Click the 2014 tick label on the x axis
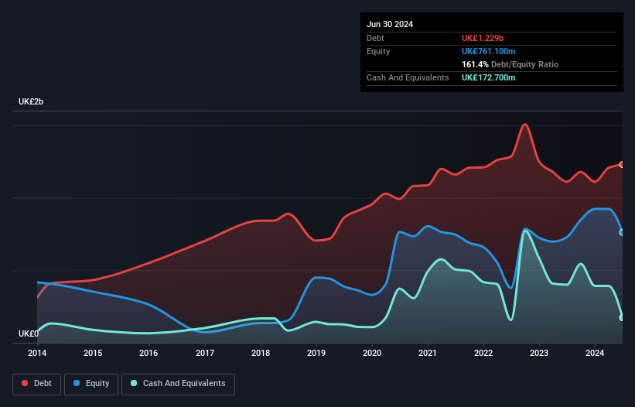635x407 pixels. click(x=37, y=354)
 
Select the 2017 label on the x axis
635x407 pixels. click(x=204, y=354)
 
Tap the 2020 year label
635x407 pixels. click(x=372, y=354)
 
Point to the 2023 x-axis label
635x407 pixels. click(x=539, y=354)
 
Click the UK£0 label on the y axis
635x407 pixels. click(x=29, y=333)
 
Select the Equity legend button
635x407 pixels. click(x=92, y=383)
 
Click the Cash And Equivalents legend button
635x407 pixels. click(x=178, y=383)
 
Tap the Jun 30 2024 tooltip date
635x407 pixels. click(x=390, y=24)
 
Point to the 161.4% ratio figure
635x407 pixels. click(x=475, y=64)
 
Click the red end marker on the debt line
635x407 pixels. click(x=622, y=164)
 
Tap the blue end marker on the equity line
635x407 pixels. click(x=622, y=232)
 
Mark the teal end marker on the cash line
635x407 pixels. click(x=622, y=317)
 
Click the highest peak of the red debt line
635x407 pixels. click(x=525, y=124)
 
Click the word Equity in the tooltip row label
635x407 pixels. click(x=378, y=51)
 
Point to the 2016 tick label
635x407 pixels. click(x=149, y=354)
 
